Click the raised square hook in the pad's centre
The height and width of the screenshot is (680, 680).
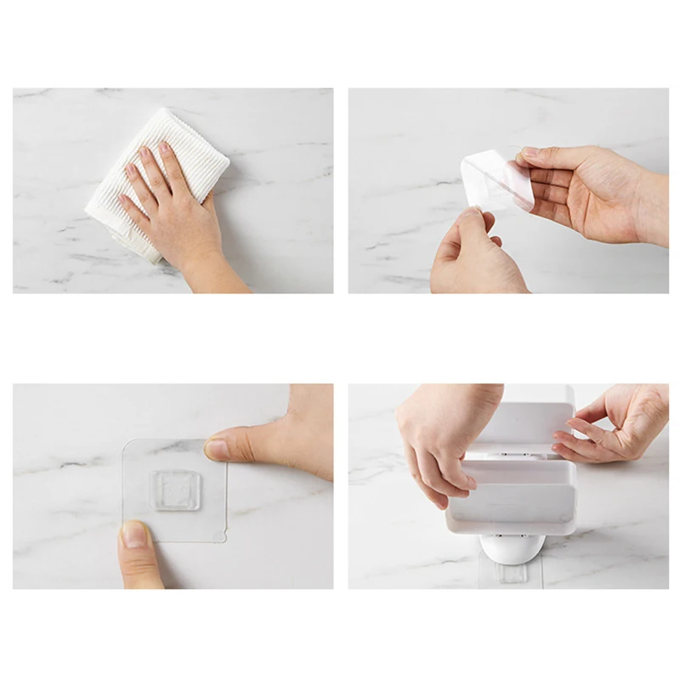[176, 491]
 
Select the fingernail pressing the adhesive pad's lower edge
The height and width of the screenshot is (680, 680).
[133, 535]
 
